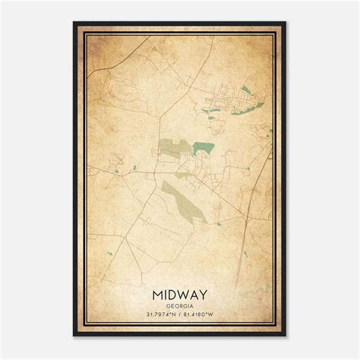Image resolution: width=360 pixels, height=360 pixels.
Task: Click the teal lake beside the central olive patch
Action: pyautogui.click(x=203, y=148)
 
